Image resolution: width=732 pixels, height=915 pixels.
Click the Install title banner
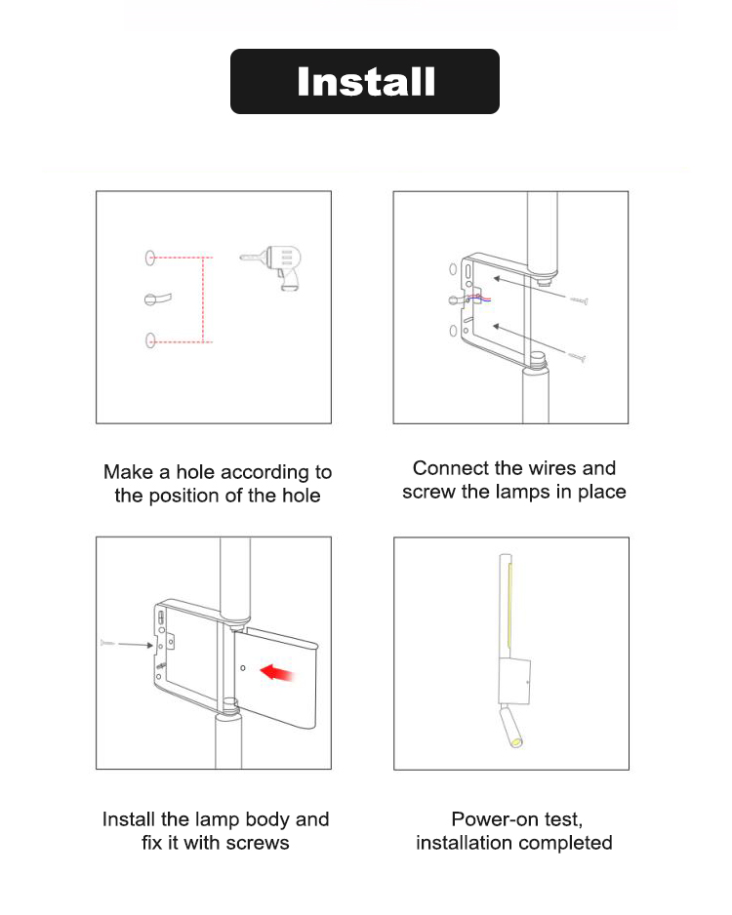click(365, 81)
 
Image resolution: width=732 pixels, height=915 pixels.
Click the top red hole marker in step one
click(150, 258)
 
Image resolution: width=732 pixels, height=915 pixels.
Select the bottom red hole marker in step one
click(150, 340)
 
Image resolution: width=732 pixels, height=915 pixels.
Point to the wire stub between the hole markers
click(157, 298)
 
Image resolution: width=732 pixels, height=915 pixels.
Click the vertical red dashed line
click(203, 298)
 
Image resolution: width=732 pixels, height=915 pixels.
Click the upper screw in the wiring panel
click(579, 300)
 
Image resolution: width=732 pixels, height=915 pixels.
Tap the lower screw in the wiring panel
click(577, 356)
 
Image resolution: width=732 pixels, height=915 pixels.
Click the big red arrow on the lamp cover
click(276, 672)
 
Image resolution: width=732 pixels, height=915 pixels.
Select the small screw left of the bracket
click(107, 643)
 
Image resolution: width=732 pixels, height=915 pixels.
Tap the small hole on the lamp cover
click(243, 667)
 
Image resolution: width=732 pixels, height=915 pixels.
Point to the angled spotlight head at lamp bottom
click(510, 727)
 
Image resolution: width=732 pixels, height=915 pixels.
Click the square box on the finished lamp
click(514, 682)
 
